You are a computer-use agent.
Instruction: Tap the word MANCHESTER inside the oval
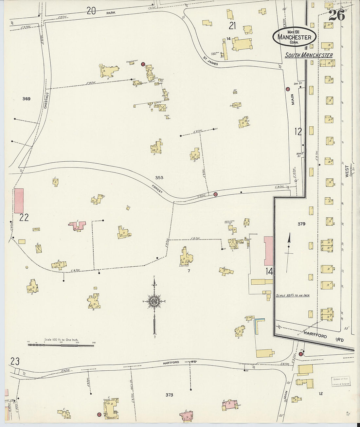pos(294,37)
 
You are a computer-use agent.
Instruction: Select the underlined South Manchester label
pos(309,55)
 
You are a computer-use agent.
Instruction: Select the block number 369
pos(27,99)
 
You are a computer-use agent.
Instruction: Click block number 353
pos(159,178)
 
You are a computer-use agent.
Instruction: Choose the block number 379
pos(301,224)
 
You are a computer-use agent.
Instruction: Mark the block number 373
pos(169,395)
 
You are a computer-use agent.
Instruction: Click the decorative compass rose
pos(153,302)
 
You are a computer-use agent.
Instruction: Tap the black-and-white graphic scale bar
pos(61,345)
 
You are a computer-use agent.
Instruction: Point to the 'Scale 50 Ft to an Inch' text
pos(293,295)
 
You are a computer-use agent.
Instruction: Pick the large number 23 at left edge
pos(15,362)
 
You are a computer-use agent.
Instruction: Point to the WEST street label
pos(347,171)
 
